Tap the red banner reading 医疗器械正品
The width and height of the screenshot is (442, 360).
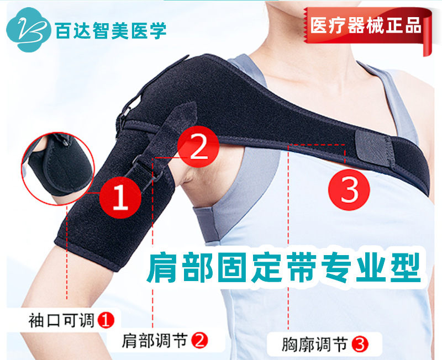point(365,25)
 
